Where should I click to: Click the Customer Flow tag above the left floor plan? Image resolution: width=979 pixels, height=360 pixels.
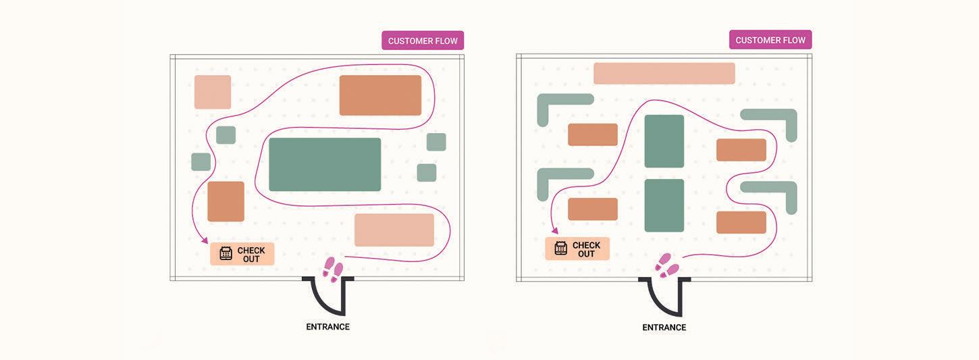(x=423, y=41)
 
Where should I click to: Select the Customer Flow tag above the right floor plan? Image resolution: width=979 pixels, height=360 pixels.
(x=770, y=40)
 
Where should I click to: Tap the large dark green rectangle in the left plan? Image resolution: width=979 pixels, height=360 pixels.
(x=325, y=164)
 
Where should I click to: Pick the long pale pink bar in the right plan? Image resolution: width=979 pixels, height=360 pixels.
(x=664, y=74)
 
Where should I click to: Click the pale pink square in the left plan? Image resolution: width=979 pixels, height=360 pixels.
(x=213, y=92)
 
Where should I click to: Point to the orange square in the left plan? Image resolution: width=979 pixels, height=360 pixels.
(x=226, y=201)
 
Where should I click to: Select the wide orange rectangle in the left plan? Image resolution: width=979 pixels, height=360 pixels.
(x=380, y=95)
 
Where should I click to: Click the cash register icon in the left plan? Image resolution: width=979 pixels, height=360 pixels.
(x=226, y=253)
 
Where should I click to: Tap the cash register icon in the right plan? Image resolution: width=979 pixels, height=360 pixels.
(x=561, y=248)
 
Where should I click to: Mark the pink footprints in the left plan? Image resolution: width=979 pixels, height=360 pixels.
(x=333, y=269)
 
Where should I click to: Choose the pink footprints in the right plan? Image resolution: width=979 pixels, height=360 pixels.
(x=668, y=265)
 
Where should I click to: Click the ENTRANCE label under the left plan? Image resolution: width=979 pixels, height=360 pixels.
(x=327, y=327)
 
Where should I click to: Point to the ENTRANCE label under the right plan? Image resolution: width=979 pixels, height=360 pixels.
(x=664, y=328)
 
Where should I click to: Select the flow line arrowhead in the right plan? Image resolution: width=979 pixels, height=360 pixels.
(x=555, y=231)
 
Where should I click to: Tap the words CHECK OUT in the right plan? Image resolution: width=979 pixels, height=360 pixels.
(x=586, y=249)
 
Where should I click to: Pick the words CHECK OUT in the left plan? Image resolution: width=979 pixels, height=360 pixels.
(x=251, y=255)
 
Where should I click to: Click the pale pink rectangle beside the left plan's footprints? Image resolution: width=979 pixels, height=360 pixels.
(x=394, y=230)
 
